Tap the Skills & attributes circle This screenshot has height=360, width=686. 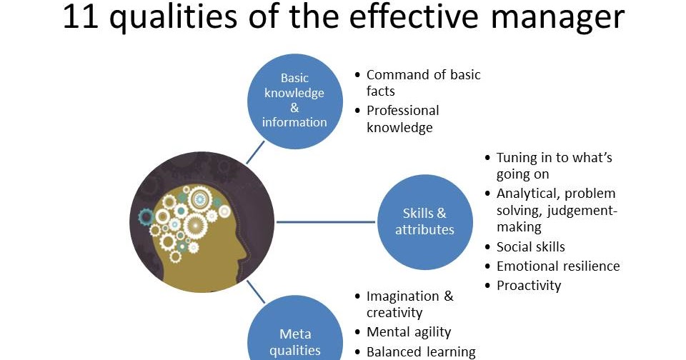424,221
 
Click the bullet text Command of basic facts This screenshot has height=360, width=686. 423,83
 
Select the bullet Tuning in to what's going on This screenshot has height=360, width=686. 554,166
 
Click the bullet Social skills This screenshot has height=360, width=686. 530,247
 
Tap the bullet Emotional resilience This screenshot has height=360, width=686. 557,266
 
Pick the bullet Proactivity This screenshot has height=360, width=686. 528,286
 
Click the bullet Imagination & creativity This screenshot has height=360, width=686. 409,304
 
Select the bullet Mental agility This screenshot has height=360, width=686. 408,332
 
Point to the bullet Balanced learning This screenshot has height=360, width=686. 420,351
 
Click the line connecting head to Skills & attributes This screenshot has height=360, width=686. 325,221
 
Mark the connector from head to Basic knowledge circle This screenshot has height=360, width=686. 255,151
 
